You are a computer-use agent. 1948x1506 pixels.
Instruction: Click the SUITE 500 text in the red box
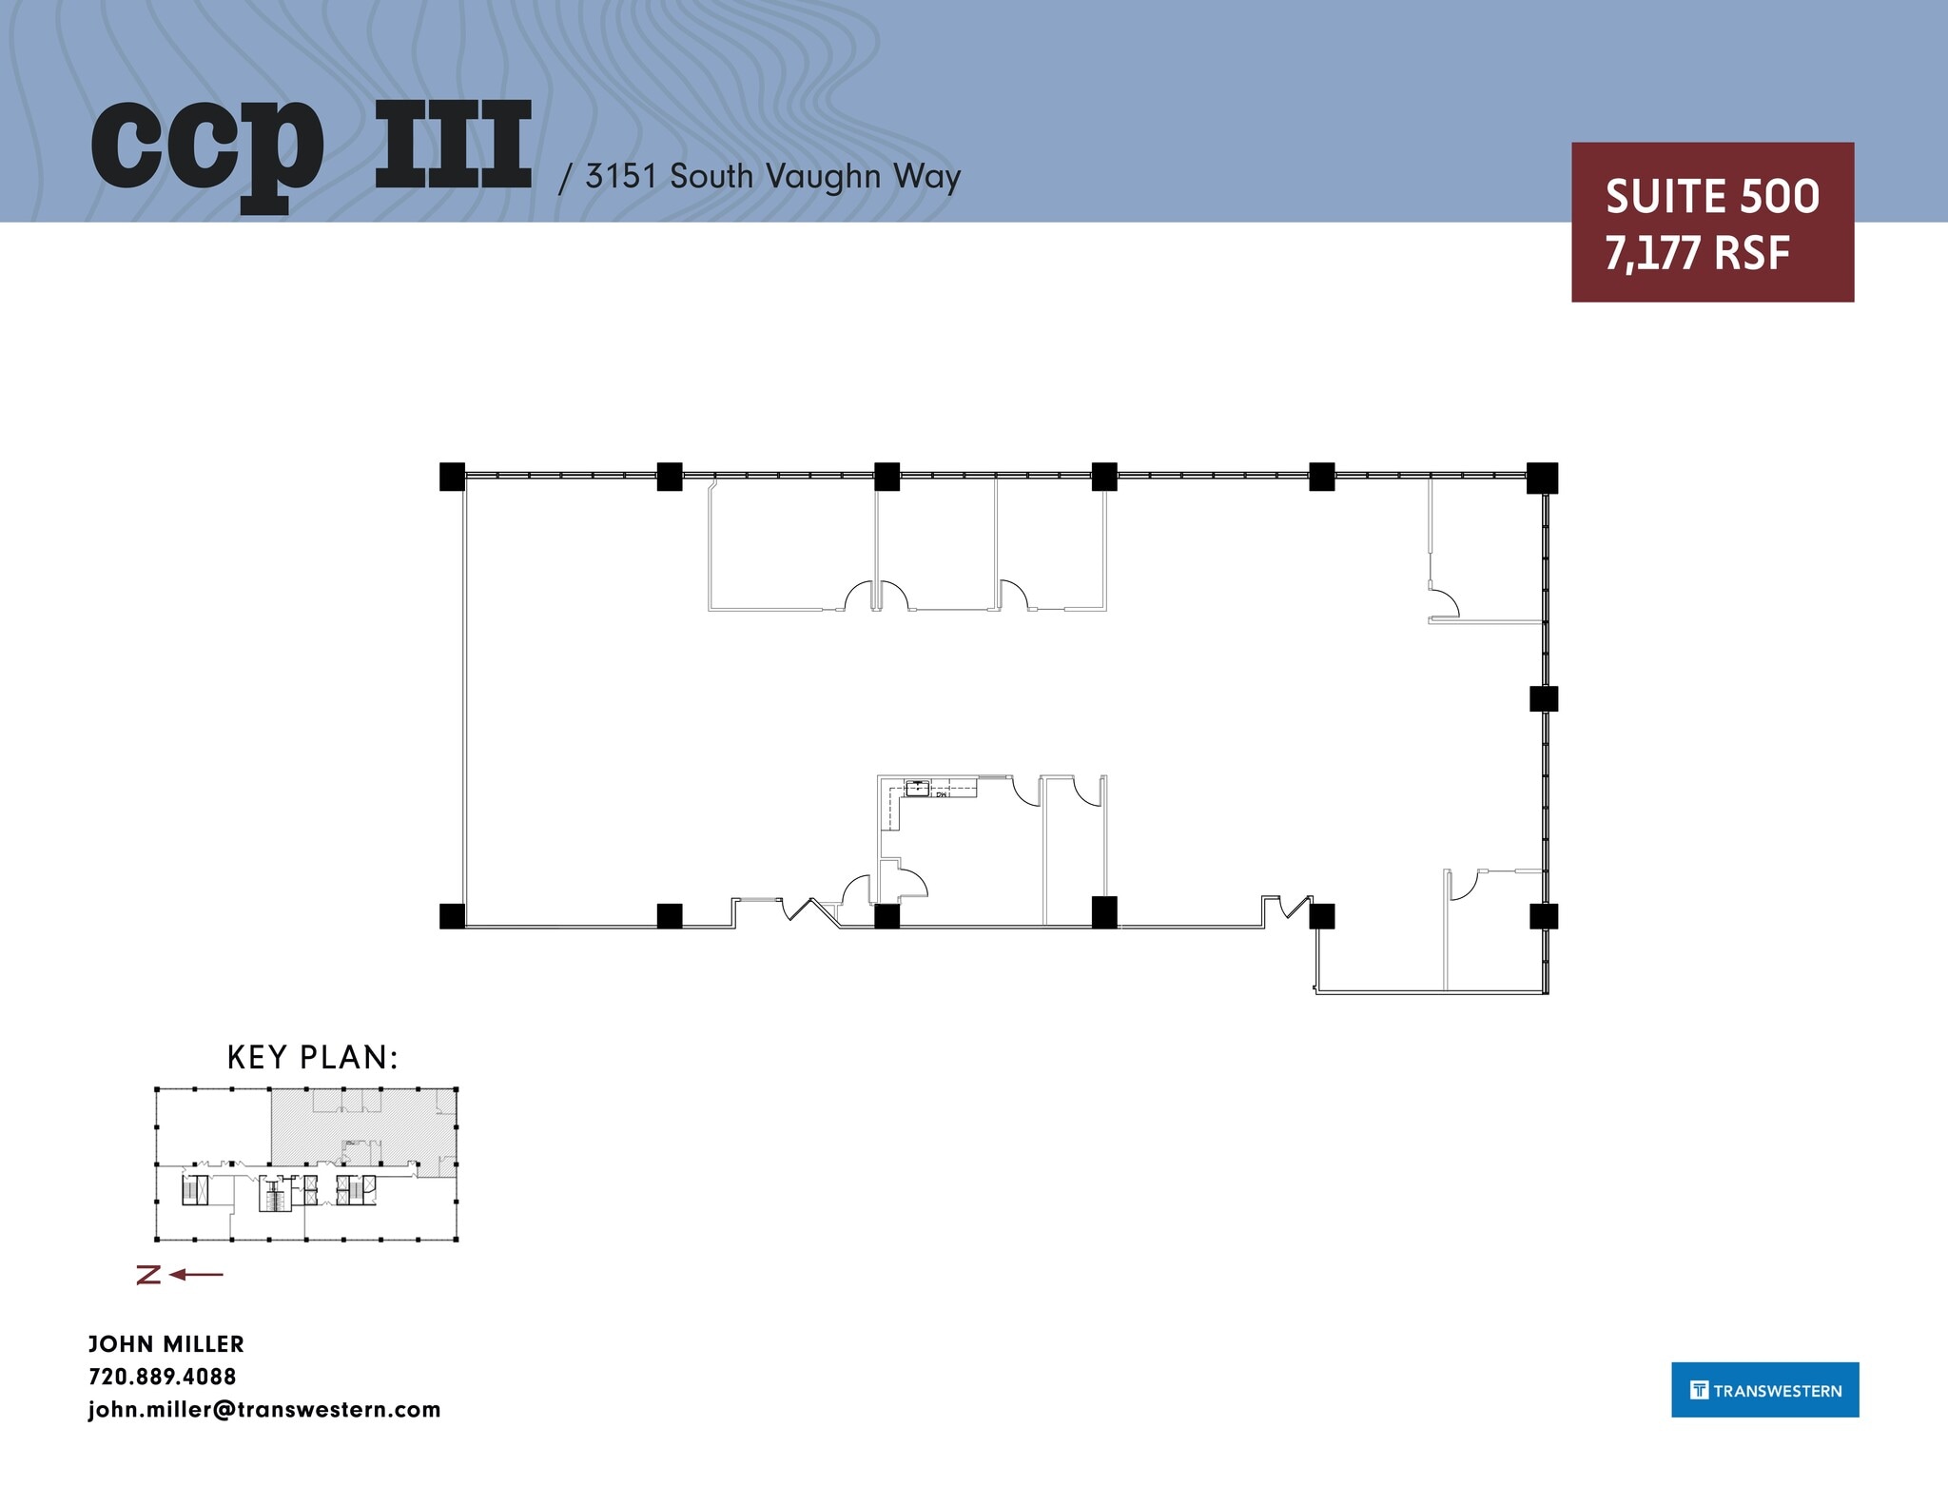(x=1712, y=197)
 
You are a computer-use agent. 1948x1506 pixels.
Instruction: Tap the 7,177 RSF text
(x=1697, y=254)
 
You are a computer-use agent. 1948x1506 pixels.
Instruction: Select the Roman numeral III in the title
(x=453, y=146)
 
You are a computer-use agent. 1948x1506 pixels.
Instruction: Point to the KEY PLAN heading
(x=312, y=1057)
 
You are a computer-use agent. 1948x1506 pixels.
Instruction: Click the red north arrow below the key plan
(x=181, y=1275)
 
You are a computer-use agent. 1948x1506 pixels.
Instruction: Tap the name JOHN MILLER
(x=166, y=1344)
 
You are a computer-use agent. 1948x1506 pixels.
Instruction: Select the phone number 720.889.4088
(x=163, y=1377)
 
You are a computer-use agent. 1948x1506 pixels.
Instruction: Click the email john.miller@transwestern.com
(x=264, y=1410)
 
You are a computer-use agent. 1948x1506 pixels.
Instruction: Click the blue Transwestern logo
(x=1764, y=1390)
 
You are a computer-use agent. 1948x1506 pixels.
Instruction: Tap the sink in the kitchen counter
(x=917, y=787)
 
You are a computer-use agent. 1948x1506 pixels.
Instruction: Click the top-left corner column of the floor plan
(x=452, y=476)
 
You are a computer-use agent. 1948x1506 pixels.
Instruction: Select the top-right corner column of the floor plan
(x=1542, y=478)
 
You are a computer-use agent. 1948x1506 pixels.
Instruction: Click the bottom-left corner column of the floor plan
(x=452, y=916)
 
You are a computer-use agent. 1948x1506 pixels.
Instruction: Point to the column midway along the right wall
(x=1543, y=698)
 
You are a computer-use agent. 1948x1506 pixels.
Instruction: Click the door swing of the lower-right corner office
(x=1463, y=885)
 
